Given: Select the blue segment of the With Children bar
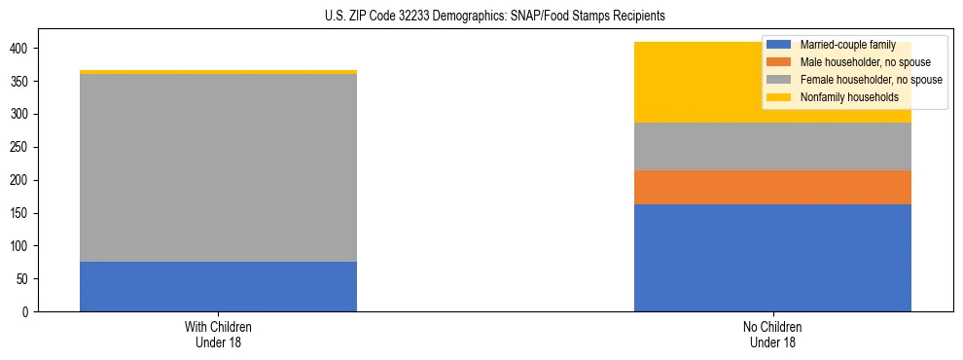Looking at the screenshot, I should pos(218,287).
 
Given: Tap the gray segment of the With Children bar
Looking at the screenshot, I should pos(218,167).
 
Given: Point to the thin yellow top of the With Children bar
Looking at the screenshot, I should pos(218,72).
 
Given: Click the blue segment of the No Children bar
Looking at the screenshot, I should pos(772,258).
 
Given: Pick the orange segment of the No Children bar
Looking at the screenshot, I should pos(772,187).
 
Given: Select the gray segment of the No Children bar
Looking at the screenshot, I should pos(772,147).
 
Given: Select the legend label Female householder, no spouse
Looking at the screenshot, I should pos(871,80).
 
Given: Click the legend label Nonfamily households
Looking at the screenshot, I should pos(843,97).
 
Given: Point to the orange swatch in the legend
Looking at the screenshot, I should pos(779,62).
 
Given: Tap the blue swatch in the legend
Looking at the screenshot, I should pos(779,45).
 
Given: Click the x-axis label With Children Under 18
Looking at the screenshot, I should pos(218,334).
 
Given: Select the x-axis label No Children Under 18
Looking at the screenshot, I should pos(772,334).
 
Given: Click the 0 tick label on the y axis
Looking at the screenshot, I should pos(28,312).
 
